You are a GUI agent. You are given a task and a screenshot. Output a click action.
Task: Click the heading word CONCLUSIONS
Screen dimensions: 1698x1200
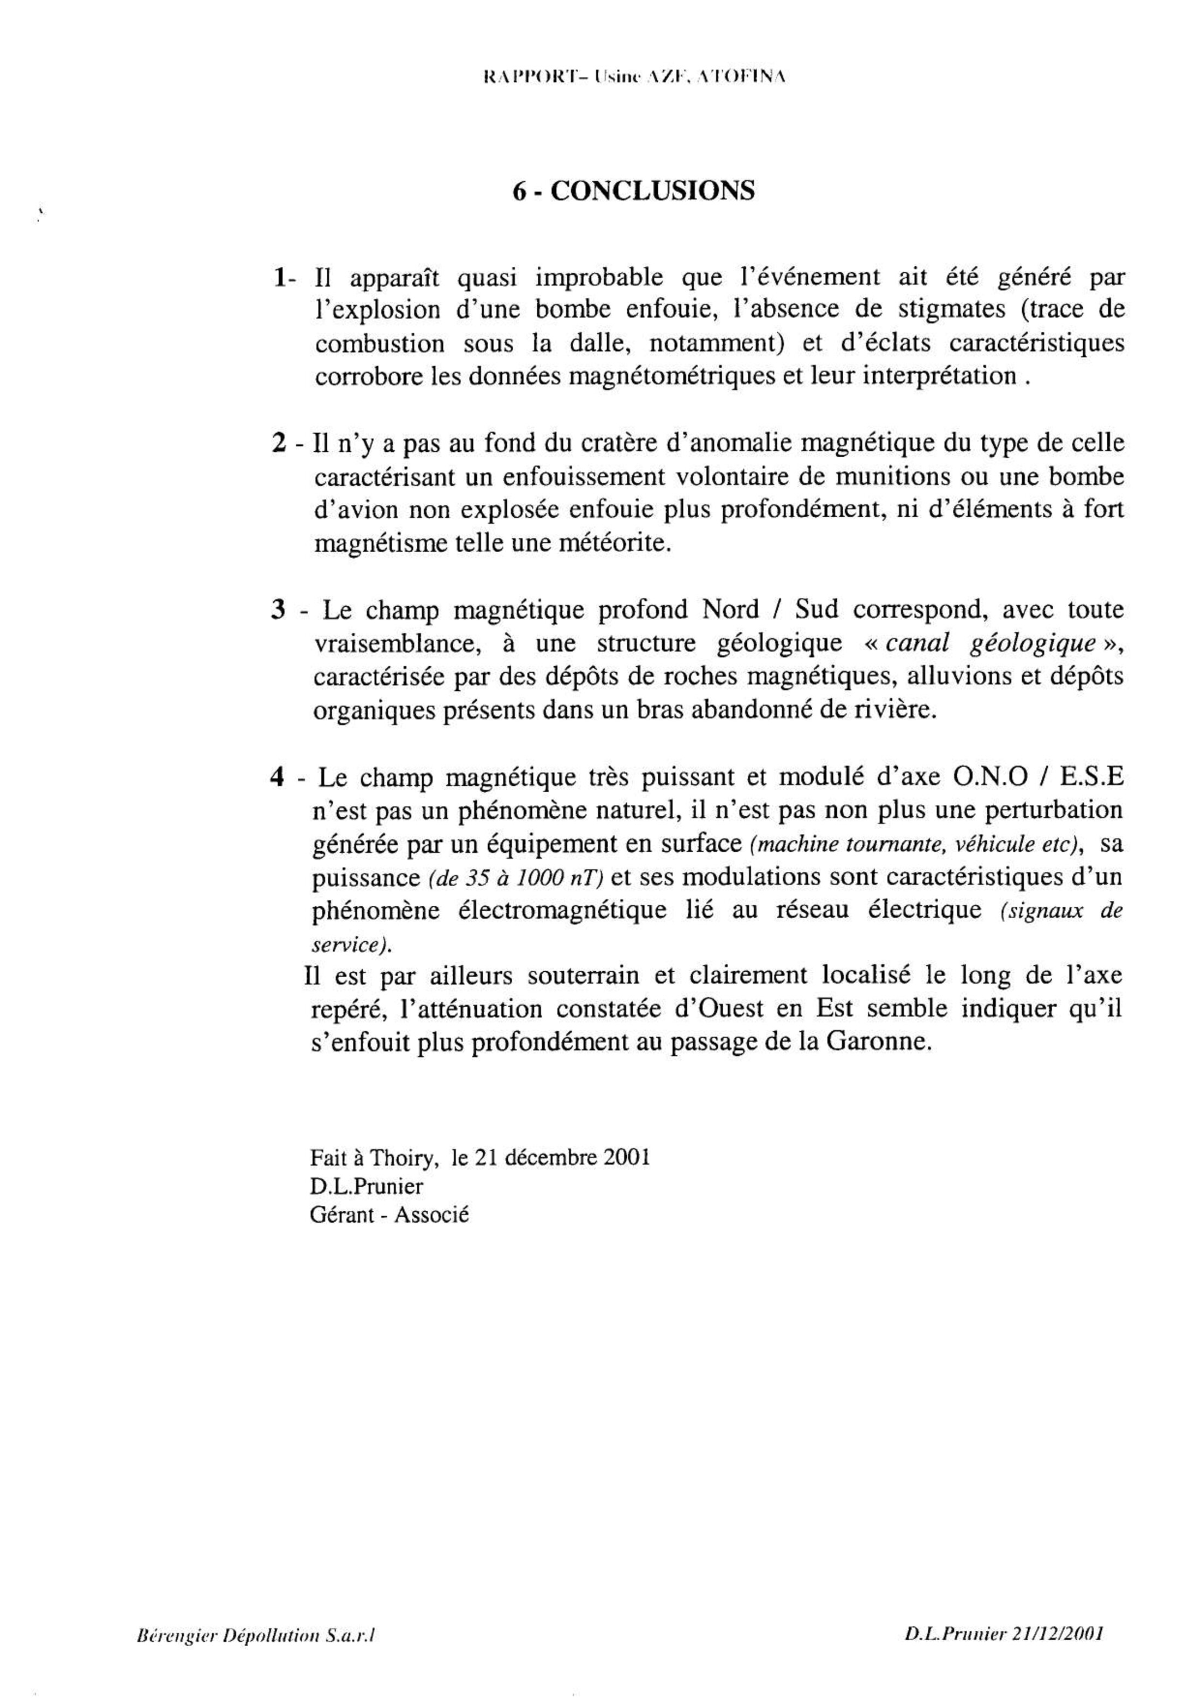pyautogui.click(x=653, y=191)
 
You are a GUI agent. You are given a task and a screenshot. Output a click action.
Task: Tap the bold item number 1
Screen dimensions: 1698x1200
pyautogui.click(x=279, y=278)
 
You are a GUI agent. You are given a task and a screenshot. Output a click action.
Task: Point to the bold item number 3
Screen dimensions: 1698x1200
pyautogui.click(x=279, y=610)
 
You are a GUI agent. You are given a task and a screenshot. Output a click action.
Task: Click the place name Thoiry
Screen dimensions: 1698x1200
pyautogui.click(x=401, y=1157)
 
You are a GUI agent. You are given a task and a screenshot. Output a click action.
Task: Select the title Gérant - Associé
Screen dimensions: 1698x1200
pyautogui.click(x=389, y=1215)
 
